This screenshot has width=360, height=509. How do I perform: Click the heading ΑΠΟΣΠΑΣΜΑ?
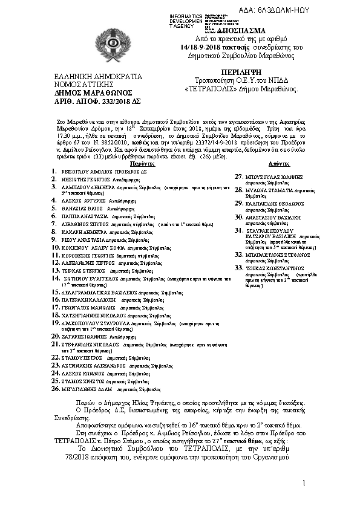(243, 30)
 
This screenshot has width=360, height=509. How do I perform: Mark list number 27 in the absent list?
(238, 177)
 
